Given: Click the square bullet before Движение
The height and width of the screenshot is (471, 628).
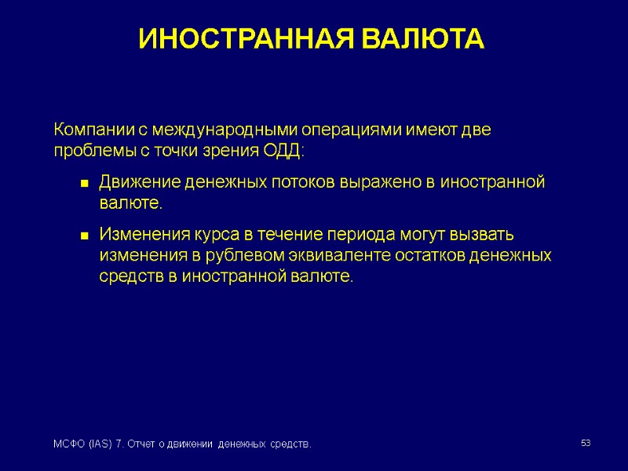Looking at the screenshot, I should [82, 184].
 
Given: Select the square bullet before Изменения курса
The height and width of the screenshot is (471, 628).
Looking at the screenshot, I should [82, 235].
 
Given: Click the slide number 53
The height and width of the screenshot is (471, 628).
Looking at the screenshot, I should [586, 444].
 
